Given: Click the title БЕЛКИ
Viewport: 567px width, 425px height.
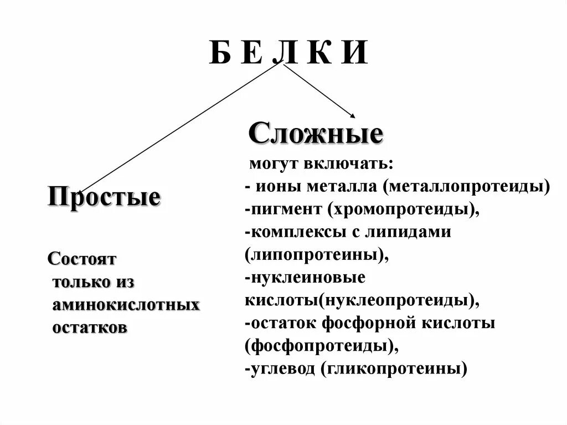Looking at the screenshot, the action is [288, 53].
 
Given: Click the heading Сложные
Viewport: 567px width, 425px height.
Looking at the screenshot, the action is [316, 134].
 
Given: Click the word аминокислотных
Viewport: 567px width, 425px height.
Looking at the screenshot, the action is [126, 305].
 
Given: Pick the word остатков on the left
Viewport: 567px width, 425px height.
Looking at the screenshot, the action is [90, 327].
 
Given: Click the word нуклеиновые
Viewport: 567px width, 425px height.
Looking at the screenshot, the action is [307, 278].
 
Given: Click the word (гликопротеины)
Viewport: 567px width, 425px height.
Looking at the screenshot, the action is [394, 368].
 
